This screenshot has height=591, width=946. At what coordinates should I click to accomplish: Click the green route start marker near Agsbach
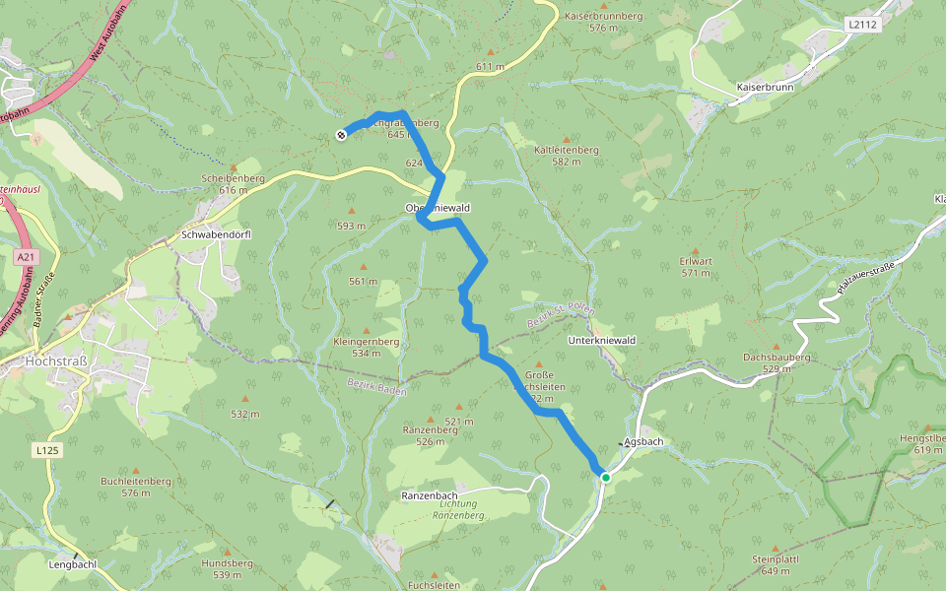[605, 478]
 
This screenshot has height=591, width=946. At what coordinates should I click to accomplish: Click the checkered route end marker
[341, 135]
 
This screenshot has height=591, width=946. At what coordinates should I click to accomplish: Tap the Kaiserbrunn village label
[765, 88]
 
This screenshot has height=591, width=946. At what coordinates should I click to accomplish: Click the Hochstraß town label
[57, 361]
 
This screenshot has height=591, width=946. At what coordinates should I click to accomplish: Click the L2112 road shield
[860, 24]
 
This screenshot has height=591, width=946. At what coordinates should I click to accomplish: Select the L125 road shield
[46, 450]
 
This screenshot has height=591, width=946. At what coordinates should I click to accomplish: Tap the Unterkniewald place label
[602, 340]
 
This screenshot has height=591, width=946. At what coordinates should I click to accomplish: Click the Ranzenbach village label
[429, 494]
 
